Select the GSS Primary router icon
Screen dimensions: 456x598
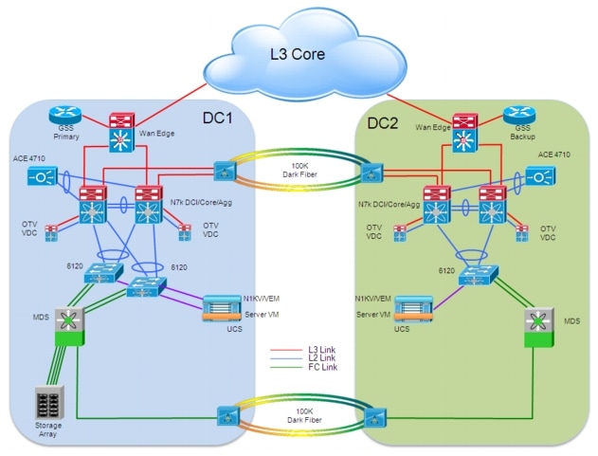[x=66, y=116]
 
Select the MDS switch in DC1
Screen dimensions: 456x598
[x=69, y=323]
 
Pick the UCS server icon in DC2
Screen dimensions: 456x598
[x=410, y=309]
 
